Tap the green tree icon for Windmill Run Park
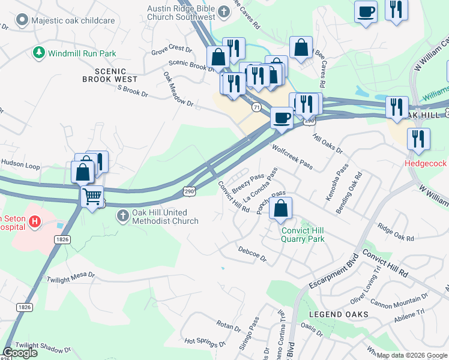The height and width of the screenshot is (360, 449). [x=40, y=53]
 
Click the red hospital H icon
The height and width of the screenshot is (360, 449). [x=35, y=223]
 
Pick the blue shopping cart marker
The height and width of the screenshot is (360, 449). [x=92, y=196]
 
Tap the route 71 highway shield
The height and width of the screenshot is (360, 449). [x=256, y=107]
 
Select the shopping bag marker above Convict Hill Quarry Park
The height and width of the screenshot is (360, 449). [x=280, y=209]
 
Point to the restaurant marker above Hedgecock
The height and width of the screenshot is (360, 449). [x=418, y=139]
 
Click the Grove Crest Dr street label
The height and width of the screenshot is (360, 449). [x=171, y=47]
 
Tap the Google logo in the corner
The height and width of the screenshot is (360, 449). [x=20, y=353]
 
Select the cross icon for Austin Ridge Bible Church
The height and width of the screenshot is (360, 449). [x=224, y=13]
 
